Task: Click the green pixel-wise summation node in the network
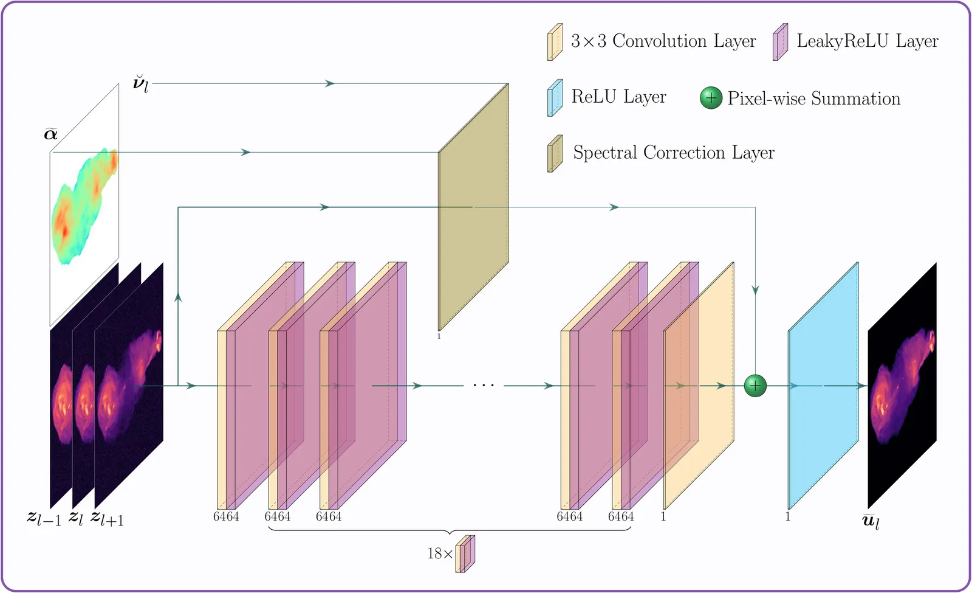coord(755,386)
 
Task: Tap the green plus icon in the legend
coord(711,98)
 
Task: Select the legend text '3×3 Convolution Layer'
coord(663,41)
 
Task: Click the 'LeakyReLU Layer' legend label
coord(868,41)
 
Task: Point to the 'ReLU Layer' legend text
coord(619,97)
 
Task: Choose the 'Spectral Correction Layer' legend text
coord(674,153)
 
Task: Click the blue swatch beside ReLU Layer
coord(555,98)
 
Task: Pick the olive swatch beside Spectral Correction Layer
coord(555,153)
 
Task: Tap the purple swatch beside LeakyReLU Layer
coord(780,42)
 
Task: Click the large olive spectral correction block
coord(473,207)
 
